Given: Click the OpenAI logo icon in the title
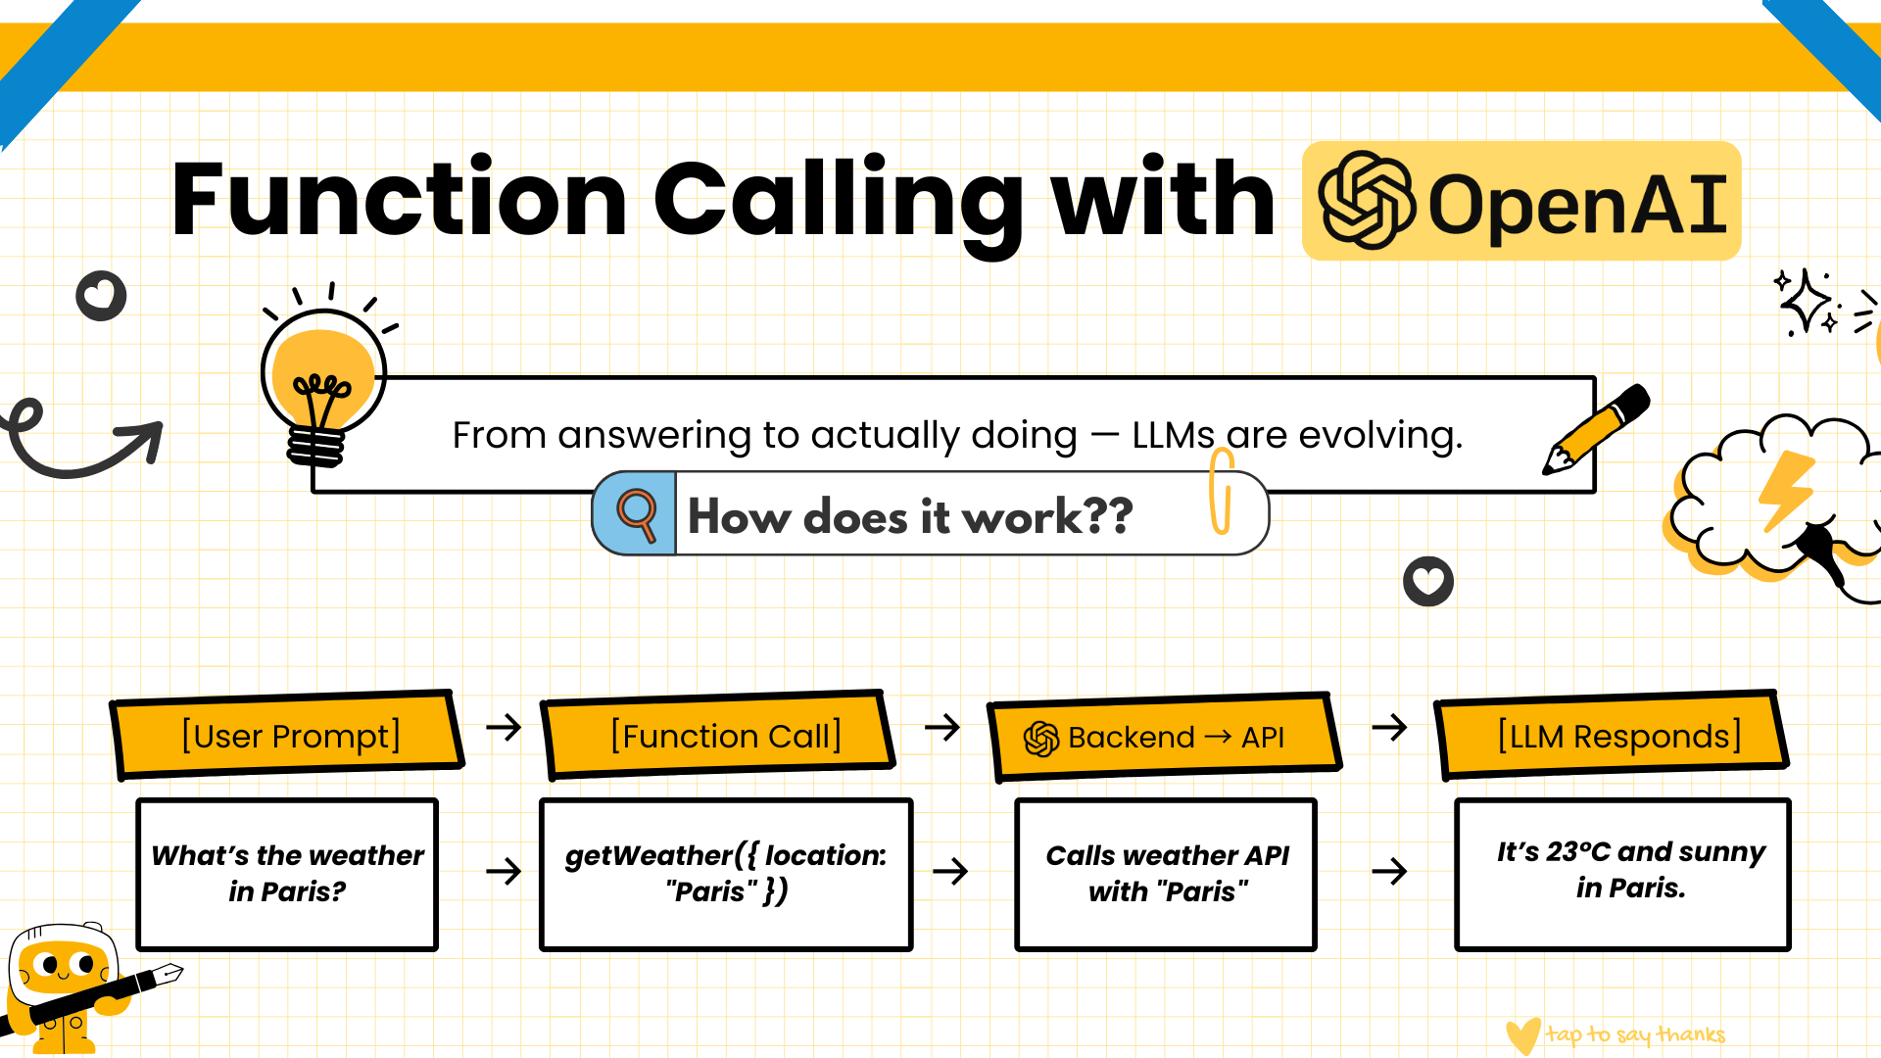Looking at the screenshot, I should [x=1366, y=201].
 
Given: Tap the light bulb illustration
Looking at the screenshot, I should [x=322, y=382].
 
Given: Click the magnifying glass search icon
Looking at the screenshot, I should [x=636, y=513].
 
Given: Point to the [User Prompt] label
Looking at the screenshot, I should [x=291, y=736].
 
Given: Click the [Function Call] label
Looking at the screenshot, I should [x=725, y=736].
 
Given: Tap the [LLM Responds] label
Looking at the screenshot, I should [x=1618, y=736].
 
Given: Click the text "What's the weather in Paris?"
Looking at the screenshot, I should [x=287, y=873].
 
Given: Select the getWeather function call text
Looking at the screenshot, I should [x=726, y=873].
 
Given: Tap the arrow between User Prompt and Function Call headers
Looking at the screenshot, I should [x=504, y=727].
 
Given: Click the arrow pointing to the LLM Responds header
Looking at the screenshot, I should [x=1389, y=727].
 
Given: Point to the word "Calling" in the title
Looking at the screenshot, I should [x=838, y=201].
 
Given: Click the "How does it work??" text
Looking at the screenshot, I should [x=910, y=516].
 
